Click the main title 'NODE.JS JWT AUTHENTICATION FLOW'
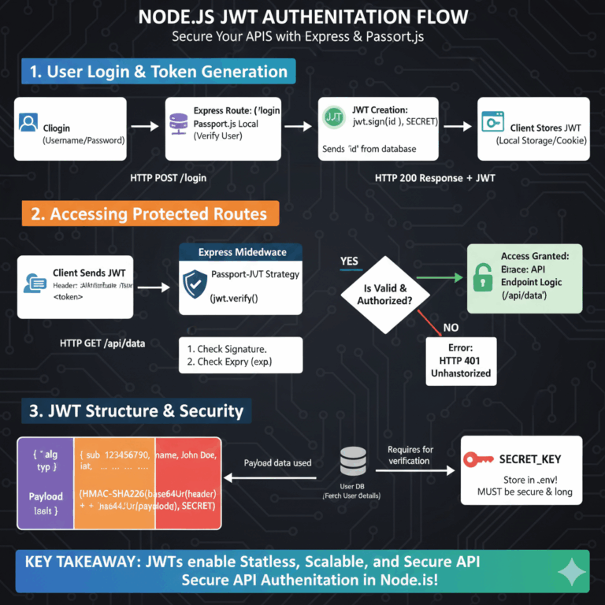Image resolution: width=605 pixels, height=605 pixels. tap(302, 17)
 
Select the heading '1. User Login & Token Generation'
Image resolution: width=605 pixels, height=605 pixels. tap(158, 72)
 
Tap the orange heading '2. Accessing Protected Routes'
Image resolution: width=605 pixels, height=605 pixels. tap(148, 213)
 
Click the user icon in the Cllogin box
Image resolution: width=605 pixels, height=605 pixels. tap(28, 123)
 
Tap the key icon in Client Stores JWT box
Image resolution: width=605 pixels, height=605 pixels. tap(492, 123)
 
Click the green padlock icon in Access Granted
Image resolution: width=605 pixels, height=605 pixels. tap(481, 277)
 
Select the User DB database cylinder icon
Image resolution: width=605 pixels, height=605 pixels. tap(352, 462)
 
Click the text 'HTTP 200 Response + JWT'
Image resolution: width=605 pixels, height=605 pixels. tap(434, 178)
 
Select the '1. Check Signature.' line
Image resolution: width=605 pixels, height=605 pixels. tap(227, 348)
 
